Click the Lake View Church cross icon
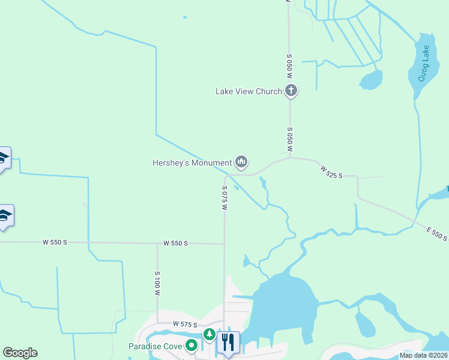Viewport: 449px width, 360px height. [x=291, y=91]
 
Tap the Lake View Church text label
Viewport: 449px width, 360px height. [x=249, y=92]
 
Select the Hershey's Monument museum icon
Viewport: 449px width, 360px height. [x=241, y=162]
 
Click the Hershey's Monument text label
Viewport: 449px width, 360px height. [x=192, y=163]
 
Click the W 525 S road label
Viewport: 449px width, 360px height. [x=331, y=172]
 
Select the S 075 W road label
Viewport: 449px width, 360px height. [x=224, y=197]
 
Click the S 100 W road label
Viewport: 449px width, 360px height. [x=157, y=284]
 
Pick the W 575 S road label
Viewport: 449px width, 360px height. [x=185, y=324]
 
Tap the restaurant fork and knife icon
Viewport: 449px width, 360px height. [x=228, y=342]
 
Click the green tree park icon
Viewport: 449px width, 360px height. [x=209, y=334]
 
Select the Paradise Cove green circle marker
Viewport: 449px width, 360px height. [x=191, y=345]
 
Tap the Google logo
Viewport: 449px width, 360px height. [x=20, y=353]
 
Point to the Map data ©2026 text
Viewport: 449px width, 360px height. [x=424, y=355]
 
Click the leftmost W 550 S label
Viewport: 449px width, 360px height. [x=55, y=242]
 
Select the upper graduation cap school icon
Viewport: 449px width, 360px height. [x=3, y=158]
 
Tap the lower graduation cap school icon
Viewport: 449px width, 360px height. [x=4, y=215]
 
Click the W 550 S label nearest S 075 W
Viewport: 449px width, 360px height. [x=176, y=243]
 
